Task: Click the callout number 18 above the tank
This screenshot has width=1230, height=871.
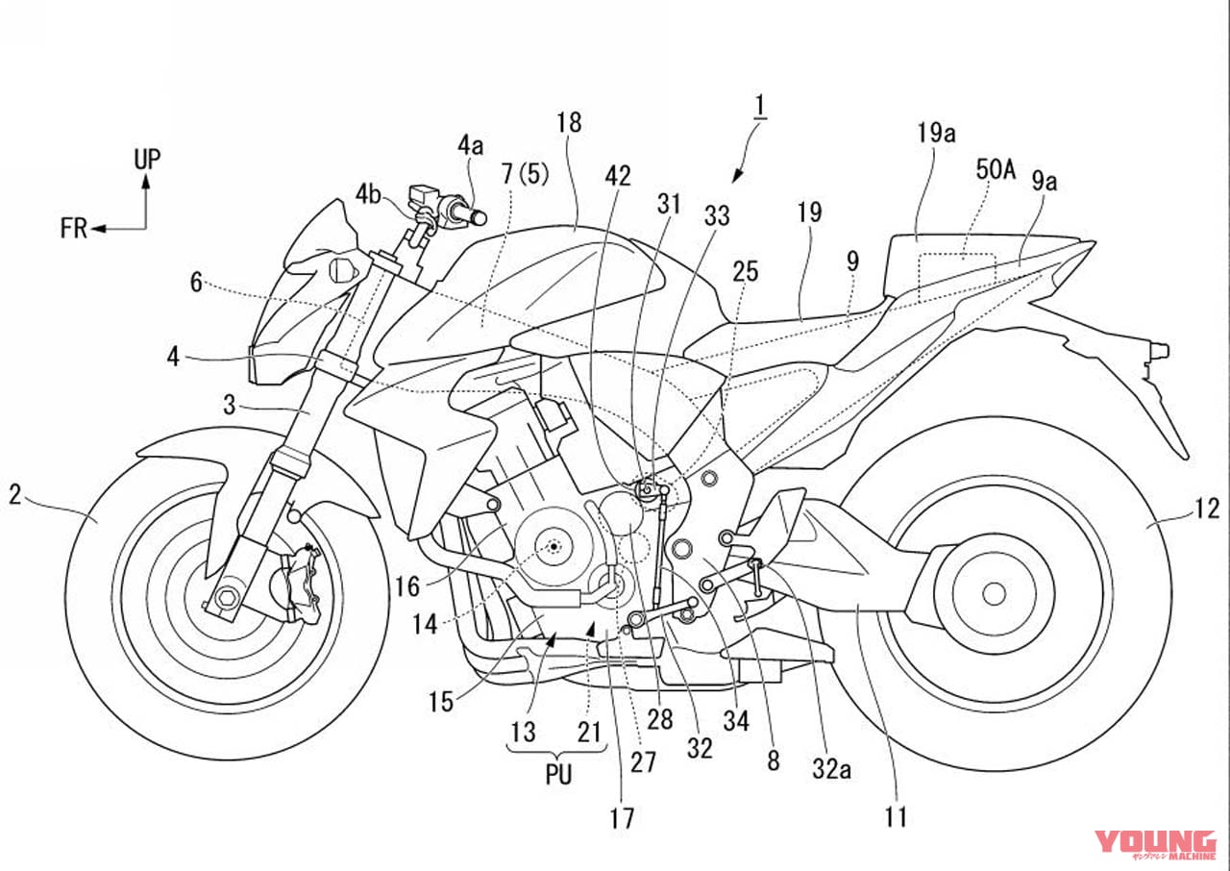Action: coord(569,122)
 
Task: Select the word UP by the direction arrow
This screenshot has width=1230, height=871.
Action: coord(147,160)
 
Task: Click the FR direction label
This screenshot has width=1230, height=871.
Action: coord(74,229)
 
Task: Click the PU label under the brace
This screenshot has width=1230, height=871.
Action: coord(557,774)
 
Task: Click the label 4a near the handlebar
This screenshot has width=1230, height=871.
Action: coord(470,145)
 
